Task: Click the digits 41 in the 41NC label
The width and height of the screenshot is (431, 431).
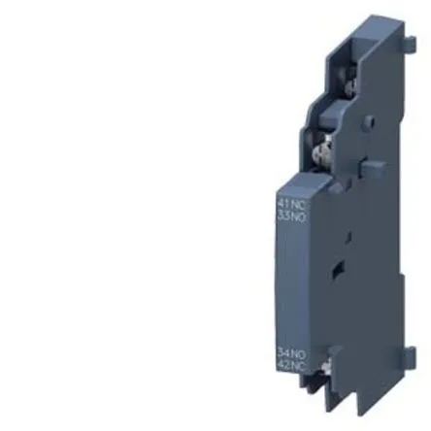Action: (x=283, y=205)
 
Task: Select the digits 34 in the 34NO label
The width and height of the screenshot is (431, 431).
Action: (x=283, y=354)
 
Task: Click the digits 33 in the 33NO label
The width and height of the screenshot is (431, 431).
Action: (x=283, y=215)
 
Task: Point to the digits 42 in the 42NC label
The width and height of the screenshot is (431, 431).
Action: (x=283, y=365)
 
